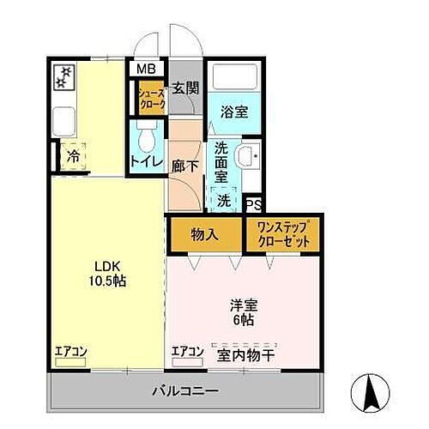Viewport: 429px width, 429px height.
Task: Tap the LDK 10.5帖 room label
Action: point(106,273)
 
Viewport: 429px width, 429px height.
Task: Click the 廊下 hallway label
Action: point(184,162)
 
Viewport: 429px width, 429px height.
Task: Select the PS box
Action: point(253,205)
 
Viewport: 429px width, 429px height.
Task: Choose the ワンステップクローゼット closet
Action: point(283,234)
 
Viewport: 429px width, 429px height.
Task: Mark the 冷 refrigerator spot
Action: point(75,158)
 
